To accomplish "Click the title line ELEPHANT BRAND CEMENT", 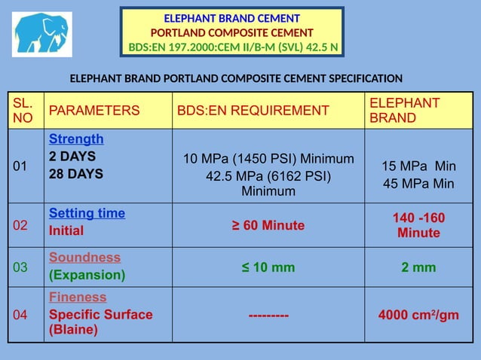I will point(231,17).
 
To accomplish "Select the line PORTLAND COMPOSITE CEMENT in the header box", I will point(231,32).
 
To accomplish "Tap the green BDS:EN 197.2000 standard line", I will point(232,47).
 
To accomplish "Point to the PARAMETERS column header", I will point(94,111).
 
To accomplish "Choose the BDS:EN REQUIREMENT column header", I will point(253,111).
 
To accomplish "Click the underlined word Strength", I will point(76,139).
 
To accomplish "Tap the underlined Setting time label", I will point(87,213).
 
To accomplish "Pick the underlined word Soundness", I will point(84,258).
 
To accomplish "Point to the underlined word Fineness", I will point(78,297).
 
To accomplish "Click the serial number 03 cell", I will point(20,267).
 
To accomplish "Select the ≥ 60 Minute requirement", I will point(268,225).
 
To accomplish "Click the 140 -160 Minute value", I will point(418,225).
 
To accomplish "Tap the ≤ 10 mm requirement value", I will point(268,267).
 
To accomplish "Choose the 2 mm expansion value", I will point(418,267).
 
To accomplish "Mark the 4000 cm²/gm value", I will point(418,315).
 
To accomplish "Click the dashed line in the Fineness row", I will point(268,315).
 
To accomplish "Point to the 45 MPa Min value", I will point(418,183).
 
